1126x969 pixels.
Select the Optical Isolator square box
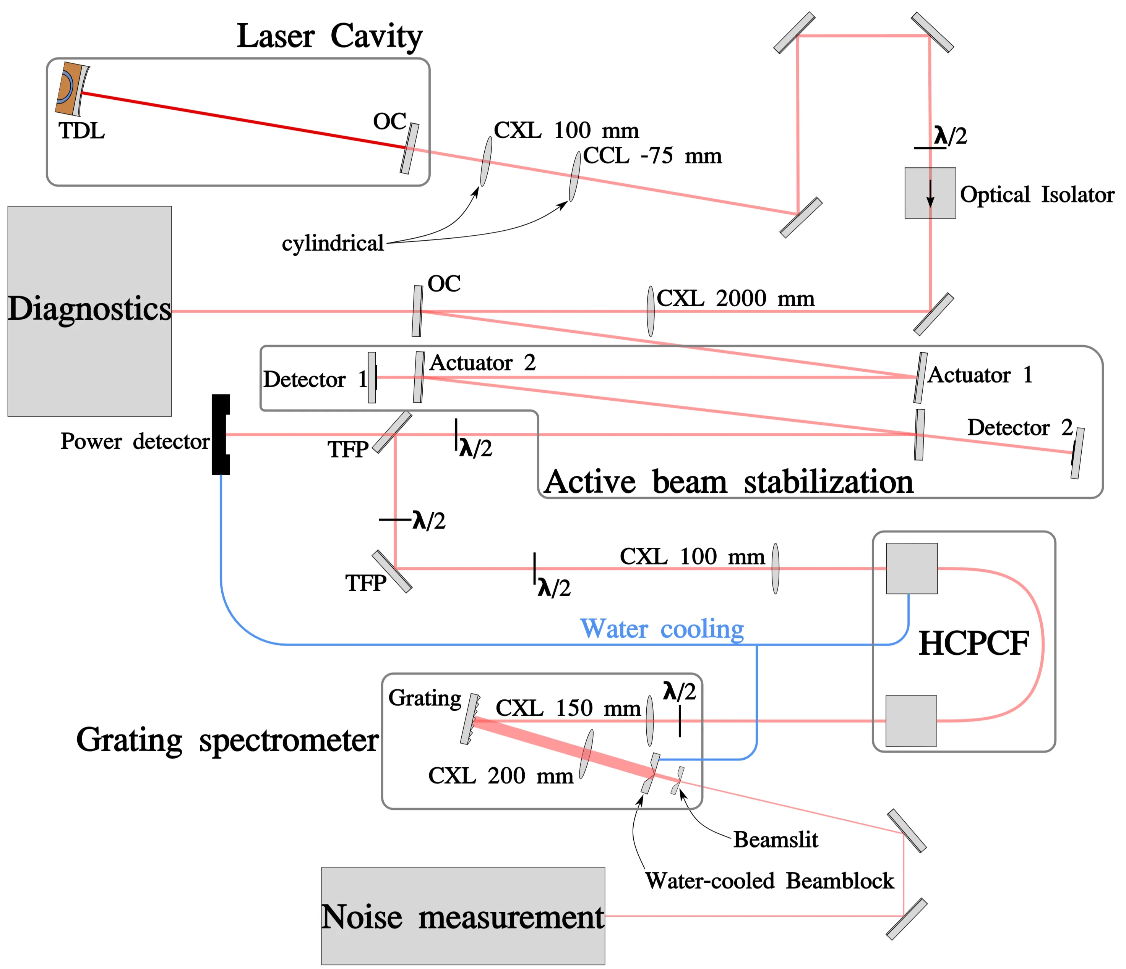coord(930,193)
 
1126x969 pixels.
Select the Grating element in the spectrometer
coord(470,718)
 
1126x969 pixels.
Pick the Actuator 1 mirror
coord(920,377)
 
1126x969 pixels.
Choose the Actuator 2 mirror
coord(419,377)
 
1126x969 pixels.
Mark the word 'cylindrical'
coord(333,243)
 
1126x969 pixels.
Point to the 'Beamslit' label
coord(775,839)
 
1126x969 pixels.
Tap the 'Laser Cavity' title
coord(329,36)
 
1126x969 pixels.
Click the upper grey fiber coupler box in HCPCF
coord(911,568)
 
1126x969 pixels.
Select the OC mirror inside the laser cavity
coord(409,148)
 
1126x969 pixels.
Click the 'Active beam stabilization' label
coord(728,481)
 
